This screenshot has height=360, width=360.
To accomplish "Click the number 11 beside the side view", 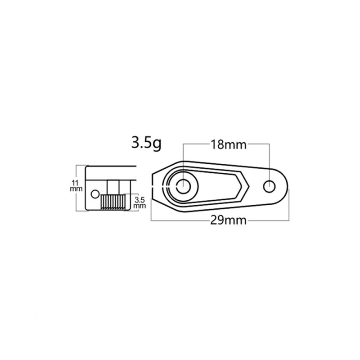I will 75,182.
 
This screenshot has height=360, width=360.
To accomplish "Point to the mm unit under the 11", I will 75,189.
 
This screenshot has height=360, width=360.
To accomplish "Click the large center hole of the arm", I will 184,186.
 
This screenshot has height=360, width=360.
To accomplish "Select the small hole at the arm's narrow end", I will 270,186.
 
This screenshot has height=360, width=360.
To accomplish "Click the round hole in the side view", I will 94,194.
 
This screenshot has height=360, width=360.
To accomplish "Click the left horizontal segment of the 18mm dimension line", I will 196,145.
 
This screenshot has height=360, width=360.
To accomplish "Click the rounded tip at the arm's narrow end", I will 287,186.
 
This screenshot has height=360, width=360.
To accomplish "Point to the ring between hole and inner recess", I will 173,186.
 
